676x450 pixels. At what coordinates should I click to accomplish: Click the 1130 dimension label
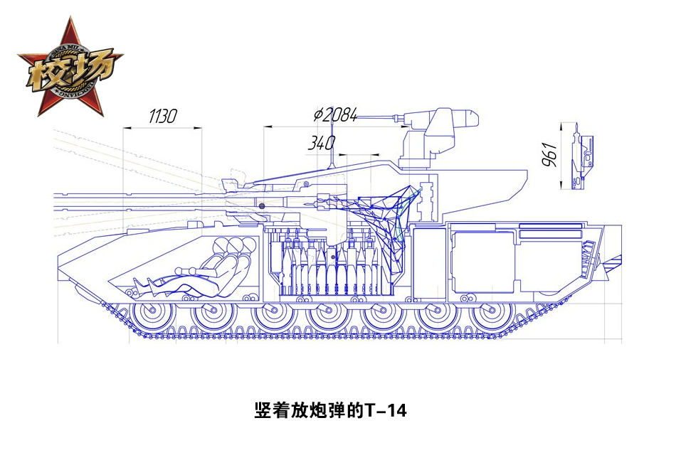162,116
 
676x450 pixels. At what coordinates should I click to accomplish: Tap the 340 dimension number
321,143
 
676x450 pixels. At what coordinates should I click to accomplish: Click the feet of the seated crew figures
142,284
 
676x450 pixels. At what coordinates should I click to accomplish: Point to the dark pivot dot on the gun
262,205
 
